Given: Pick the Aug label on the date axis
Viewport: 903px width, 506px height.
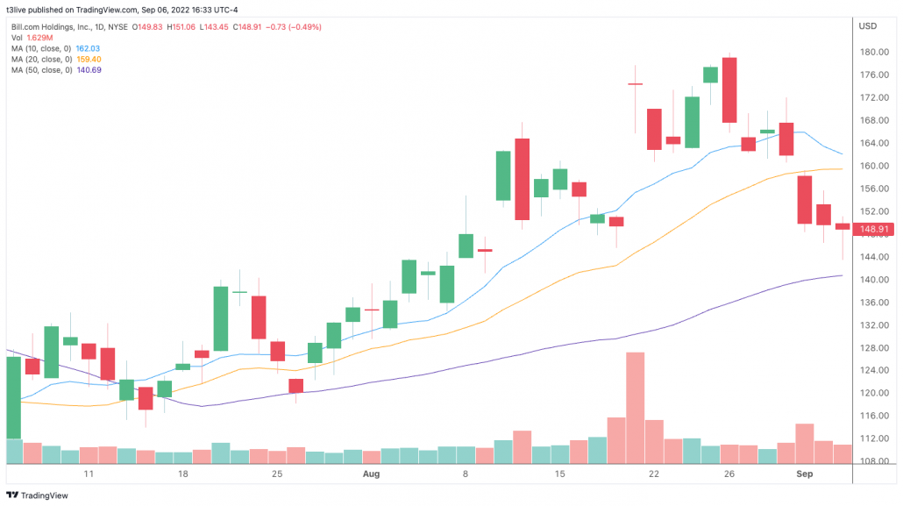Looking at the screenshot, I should [371, 474].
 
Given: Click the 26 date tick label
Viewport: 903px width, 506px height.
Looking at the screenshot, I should [729, 474].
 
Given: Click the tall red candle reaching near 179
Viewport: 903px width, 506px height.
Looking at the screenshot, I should [729, 89].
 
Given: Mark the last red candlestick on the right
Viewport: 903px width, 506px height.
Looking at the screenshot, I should [843, 226].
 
